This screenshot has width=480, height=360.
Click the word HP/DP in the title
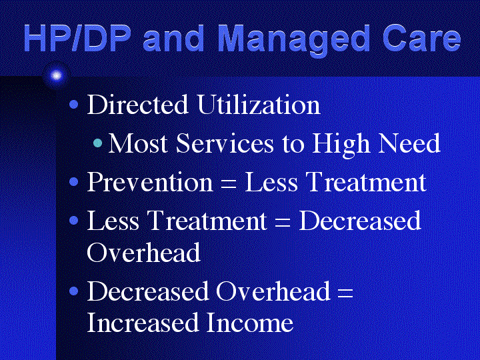pos(75,38)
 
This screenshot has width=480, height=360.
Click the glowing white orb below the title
pos(56,75)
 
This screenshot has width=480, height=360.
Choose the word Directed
pos(137,105)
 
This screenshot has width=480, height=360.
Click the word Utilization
pos(259,105)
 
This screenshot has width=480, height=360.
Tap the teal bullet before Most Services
pos(97,143)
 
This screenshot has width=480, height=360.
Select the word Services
pos(225,143)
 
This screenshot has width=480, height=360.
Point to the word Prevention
pos(150,182)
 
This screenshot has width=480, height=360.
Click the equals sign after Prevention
pos(229,185)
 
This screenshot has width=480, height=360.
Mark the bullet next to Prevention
pos(74,182)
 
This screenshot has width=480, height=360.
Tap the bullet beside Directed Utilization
pos(74,105)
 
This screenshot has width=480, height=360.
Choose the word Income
pos(249,322)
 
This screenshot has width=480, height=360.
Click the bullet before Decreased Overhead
pos(74,291)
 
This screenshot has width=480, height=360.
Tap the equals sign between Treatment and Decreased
pos(282,223)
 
